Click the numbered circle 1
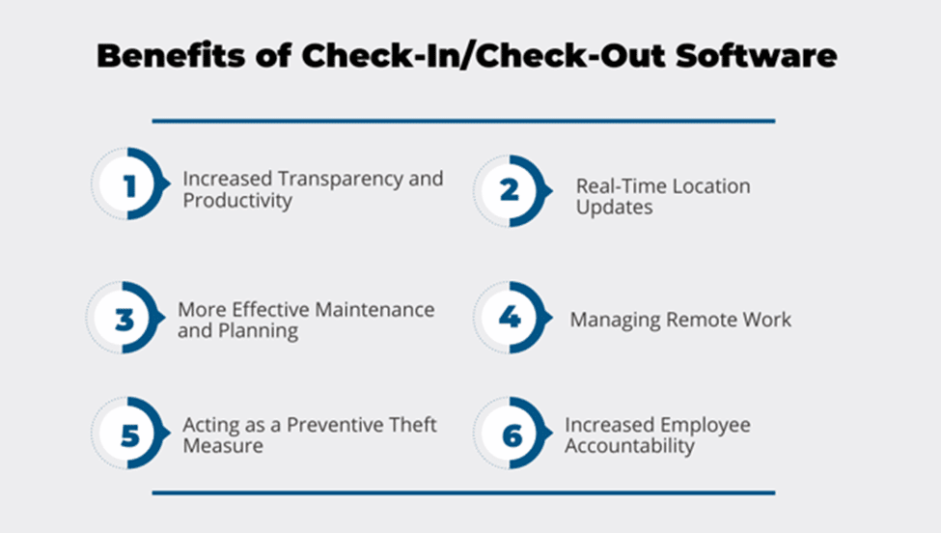coord(129,183)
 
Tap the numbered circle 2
coord(512,191)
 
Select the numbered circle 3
coord(125,318)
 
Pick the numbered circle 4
coord(512,318)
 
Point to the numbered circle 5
coord(129,433)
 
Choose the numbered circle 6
coord(512,433)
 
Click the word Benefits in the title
coord(171,55)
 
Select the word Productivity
coord(237,201)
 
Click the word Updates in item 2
coord(615,208)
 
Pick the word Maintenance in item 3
coord(374,310)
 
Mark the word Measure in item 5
coord(223,446)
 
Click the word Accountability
coord(629,446)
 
